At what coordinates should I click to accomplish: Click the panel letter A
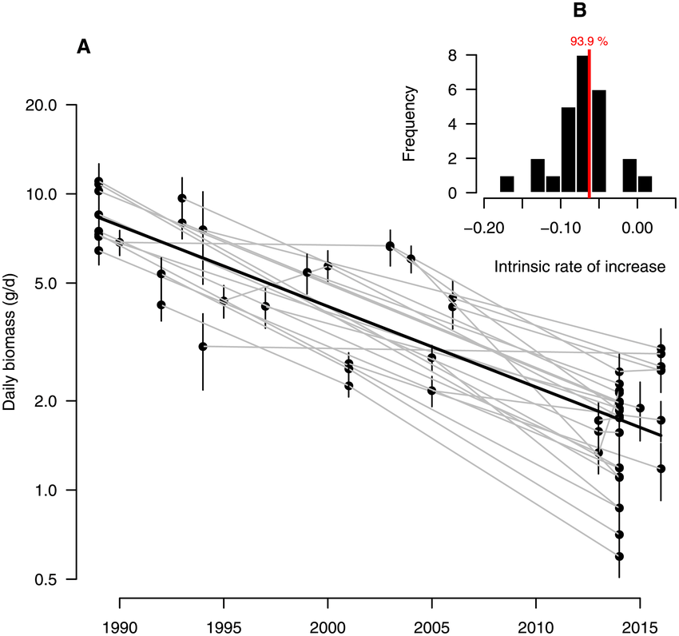coord(83,47)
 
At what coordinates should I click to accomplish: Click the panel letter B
coord(580,10)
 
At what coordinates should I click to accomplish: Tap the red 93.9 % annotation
coord(589,42)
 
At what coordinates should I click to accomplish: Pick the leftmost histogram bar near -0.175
coord(506,185)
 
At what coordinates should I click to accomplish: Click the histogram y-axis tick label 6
coord(452,90)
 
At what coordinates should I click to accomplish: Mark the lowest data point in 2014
coord(618,556)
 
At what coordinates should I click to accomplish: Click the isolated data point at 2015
coord(640,408)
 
